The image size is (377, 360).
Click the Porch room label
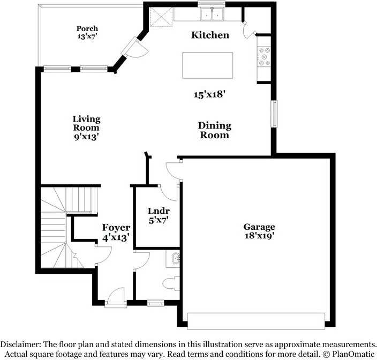coord(87,28)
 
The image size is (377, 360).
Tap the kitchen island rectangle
coord(207,65)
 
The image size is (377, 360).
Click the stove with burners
coord(264,57)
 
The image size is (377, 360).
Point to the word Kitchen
coord(210,35)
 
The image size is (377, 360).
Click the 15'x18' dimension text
coord(209,94)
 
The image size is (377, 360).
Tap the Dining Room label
coord(215,130)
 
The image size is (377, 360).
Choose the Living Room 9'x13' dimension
coord(87,137)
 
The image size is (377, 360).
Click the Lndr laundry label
coord(159,211)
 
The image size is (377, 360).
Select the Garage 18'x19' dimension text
coord(259,235)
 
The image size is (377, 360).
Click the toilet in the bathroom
coord(171,284)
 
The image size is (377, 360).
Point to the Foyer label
coord(116,227)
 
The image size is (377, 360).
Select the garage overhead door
coord(256,321)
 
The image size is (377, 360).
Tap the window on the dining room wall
coord(274,114)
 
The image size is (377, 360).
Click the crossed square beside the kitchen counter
coord(161,17)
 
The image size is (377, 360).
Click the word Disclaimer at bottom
coord(21,344)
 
